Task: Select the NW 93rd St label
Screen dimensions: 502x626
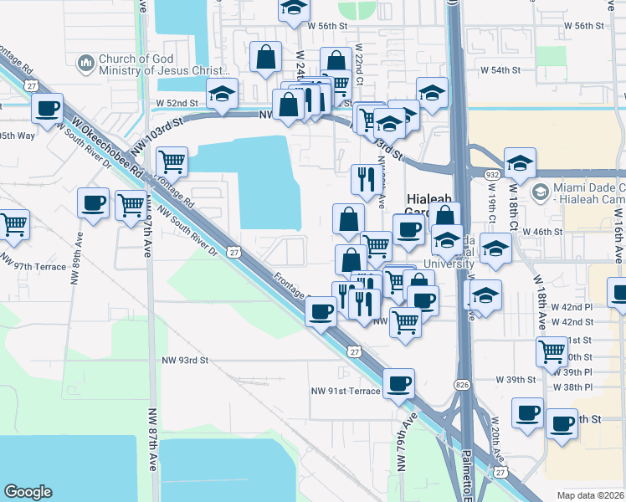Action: click(184, 360)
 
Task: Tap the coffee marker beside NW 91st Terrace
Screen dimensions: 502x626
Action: click(398, 384)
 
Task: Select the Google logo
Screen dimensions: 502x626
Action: click(28, 492)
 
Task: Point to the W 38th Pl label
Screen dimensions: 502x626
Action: click(572, 387)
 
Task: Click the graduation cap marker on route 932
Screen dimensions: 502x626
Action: click(519, 162)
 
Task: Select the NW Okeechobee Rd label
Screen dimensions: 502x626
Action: click(105, 148)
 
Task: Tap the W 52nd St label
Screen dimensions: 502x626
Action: click(177, 104)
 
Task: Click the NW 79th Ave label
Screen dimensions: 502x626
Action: click(405, 442)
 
